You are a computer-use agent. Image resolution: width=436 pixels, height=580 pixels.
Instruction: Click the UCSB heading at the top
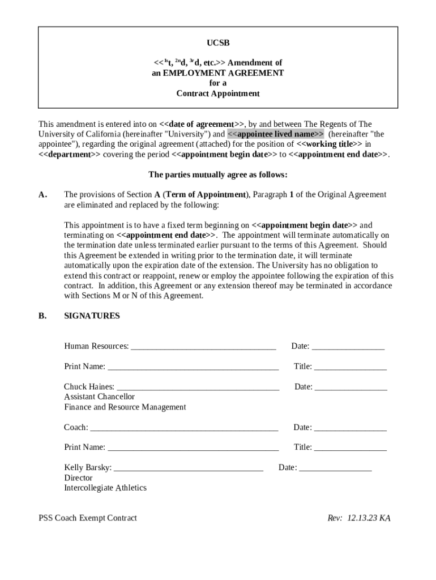(218, 43)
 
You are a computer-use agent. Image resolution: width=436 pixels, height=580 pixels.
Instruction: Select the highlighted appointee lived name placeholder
(276, 134)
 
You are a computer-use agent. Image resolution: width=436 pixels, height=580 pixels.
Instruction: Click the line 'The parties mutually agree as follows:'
(218, 174)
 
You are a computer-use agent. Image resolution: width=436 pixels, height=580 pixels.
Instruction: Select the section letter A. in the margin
(43, 195)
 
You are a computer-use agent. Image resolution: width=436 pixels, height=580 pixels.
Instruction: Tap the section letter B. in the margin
(43, 316)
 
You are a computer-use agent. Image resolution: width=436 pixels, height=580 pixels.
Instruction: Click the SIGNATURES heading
(92, 316)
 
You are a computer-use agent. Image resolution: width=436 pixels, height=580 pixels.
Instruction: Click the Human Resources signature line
(203, 347)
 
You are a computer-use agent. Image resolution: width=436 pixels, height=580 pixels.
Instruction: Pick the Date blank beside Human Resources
(348, 347)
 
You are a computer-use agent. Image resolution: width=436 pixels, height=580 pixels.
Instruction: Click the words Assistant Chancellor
(99, 397)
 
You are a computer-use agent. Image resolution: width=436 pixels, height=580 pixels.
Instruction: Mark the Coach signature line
(184, 428)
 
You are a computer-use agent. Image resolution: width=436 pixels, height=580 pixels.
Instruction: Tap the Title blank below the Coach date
(350, 448)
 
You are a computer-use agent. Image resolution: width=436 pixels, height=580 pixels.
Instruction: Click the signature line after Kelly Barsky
(189, 468)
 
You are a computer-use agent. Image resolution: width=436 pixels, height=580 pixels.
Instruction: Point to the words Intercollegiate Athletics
(105, 488)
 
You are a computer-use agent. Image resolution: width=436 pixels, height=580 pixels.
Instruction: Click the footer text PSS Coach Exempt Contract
(88, 518)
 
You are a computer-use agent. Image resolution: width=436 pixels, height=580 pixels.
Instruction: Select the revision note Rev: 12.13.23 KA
(359, 518)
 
